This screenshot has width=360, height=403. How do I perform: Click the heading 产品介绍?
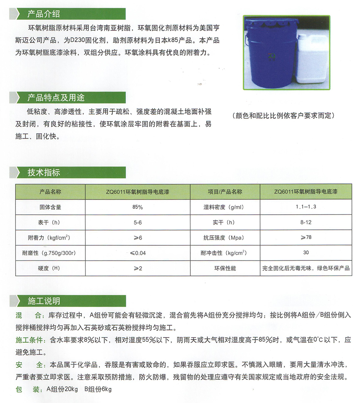[43, 14]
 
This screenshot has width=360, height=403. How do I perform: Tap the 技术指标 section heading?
[43, 173]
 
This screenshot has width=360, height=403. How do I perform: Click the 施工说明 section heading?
[43, 301]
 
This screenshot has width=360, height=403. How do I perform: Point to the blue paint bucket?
[269, 50]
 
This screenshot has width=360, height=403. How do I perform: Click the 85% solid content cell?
[137, 207]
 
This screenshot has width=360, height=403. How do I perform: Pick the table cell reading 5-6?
[137, 222]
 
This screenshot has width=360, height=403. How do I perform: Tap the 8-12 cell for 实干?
[305, 222]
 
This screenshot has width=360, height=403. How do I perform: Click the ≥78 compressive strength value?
[305, 238]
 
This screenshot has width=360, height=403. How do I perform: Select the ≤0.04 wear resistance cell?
[137, 253]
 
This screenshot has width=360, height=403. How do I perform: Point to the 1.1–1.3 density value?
[305, 207]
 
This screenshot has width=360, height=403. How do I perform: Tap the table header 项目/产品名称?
[225, 192]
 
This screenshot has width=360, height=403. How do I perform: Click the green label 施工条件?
[30, 340]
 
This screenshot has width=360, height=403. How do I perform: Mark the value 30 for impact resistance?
[306, 253]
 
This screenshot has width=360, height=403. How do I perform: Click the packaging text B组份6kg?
[98, 389]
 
